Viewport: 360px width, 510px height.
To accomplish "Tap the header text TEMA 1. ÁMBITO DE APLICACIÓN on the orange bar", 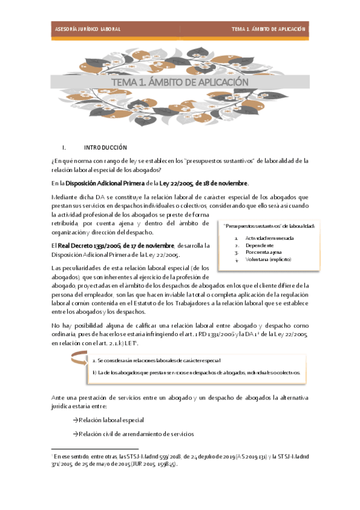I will pyautogui.click(x=269, y=29).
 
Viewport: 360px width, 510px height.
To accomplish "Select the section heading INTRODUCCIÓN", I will pyautogui.click(x=106, y=147).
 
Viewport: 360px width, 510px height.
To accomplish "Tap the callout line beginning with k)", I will pyautogui.click(x=196, y=372).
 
